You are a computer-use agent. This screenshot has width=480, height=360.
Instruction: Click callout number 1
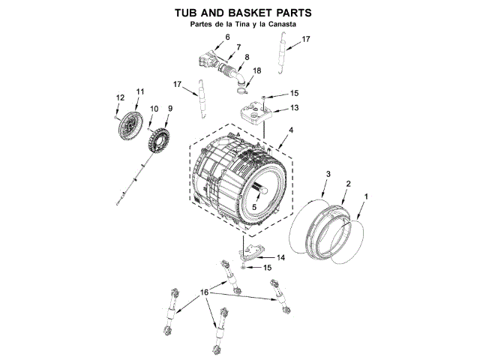pos(365,196)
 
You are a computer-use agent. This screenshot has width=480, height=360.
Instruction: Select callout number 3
pos(328,174)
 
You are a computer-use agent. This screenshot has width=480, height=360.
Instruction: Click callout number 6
pos(227,37)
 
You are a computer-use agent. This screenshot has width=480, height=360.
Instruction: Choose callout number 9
pos(169,109)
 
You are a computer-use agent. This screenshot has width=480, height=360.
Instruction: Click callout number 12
pos(118,97)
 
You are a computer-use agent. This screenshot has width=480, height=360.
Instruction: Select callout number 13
pos(295,108)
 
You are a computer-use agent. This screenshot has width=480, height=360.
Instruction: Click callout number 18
pos(257,70)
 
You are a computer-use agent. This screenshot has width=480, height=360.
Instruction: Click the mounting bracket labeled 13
pos(255,113)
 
